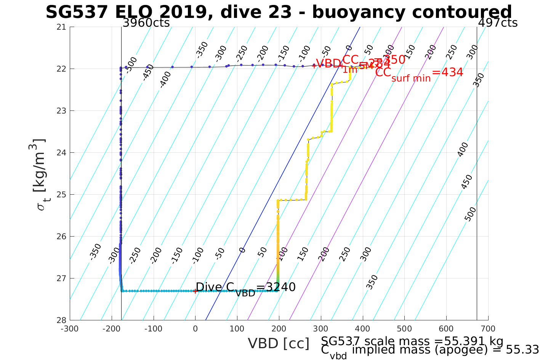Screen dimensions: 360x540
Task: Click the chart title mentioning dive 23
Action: pos(279,12)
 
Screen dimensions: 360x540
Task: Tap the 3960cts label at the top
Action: pos(146,23)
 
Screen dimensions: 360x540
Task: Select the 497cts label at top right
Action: pos(498,23)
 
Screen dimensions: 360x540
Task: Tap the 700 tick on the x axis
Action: pos(488,329)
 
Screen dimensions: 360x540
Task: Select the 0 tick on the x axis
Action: pos(195,329)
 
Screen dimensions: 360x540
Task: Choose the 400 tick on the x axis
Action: pos(362,329)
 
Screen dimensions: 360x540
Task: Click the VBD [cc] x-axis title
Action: pos(279,344)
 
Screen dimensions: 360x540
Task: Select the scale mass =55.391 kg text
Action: pos(412,341)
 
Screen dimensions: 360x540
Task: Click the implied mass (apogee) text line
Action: pos(430,350)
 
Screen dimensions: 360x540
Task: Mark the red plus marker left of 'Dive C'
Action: pos(195,291)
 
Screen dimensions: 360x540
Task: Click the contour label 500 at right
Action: pos(471,214)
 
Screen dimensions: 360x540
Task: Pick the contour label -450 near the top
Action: pos(148,72)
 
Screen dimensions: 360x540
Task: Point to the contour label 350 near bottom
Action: pos(372,282)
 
